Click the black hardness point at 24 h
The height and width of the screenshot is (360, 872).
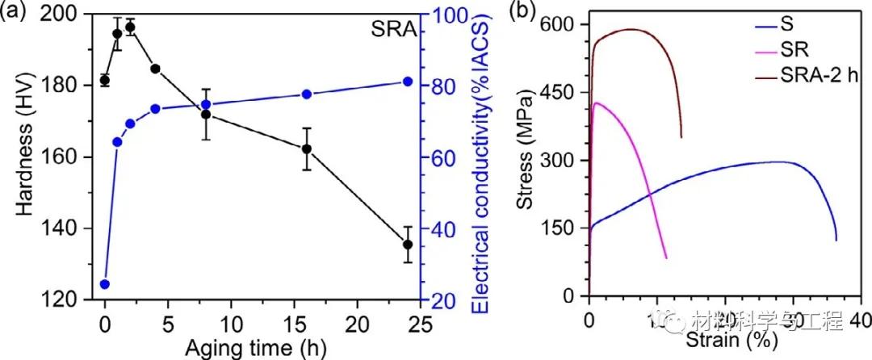point(408,245)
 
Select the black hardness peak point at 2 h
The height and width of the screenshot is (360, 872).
point(130,27)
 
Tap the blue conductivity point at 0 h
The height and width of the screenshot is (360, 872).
point(104,284)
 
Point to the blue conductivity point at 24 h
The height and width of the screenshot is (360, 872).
point(408,82)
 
